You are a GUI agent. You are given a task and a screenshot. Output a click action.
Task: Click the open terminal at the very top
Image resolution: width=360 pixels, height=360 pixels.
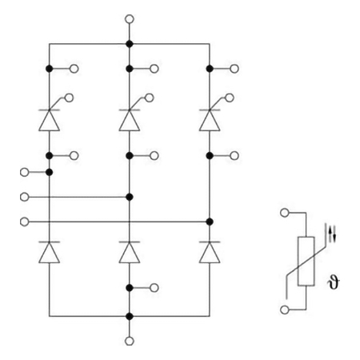[130, 19]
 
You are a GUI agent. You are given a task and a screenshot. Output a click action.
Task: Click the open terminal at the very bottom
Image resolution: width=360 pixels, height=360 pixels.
[130, 341]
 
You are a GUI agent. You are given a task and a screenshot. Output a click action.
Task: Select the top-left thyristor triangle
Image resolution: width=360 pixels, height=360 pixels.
[49, 120]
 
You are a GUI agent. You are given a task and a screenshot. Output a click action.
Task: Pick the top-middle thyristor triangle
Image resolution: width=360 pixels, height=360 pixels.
[130, 120]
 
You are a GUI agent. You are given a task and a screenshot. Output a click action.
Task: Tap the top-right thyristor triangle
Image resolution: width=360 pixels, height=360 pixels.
[210, 120]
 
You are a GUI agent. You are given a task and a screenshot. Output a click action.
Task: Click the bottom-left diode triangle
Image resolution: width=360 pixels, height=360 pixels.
[49, 252]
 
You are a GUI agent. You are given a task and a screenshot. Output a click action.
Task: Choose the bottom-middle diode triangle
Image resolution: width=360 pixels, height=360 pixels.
[130, 252]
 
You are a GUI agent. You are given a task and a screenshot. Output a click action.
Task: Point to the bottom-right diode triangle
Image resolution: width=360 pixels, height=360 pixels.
[210, 252]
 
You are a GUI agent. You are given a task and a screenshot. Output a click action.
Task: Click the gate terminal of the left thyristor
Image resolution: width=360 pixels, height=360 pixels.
[70, 98]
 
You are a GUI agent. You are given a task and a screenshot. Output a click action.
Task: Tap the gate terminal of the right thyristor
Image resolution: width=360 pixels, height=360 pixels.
[230, 98]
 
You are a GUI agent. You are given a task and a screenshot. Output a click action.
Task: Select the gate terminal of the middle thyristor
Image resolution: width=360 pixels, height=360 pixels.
[150, 98]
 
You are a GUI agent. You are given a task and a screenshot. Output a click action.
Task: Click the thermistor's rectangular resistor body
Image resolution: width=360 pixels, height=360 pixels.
[306, 261]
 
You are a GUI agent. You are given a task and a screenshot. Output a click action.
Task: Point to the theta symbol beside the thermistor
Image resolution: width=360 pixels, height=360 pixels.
[334, 282]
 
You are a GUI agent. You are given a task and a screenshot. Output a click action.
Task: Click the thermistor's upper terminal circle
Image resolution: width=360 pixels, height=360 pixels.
[285, 213]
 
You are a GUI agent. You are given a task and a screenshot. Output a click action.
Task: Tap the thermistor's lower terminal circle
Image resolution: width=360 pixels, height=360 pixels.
[285, 310]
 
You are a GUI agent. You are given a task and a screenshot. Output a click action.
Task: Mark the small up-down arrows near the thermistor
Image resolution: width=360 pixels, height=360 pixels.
[332, 234]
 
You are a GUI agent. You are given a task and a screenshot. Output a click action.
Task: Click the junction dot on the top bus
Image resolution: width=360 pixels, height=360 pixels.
[130, 44]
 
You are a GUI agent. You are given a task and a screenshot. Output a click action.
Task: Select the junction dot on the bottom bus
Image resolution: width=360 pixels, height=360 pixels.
[130, 317]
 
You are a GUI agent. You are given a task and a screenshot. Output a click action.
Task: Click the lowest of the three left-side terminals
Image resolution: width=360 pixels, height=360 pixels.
[25, 222]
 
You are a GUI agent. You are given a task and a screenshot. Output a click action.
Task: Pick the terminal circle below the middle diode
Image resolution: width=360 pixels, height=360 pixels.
[154, 288]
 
